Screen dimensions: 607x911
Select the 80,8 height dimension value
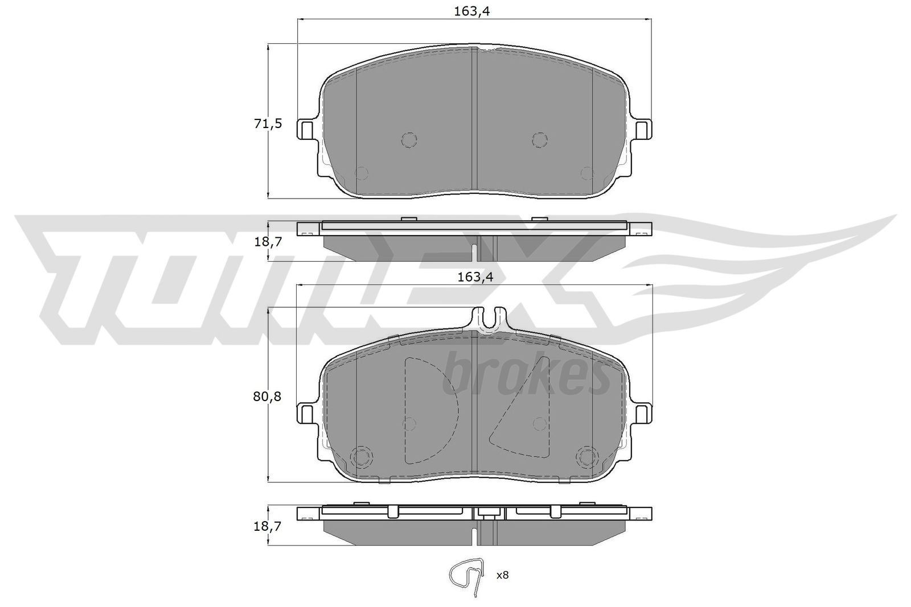pyautogui.click(x=268, y=396)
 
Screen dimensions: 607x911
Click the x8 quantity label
pyautogui.click(x=502, y=575)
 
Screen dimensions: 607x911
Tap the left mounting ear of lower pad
pyautogui.click(x=306, y=412)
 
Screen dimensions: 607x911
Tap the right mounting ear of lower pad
pyautogui.click(x=643, y=412)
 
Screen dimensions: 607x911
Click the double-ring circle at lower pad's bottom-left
pyautogui.click(x=361, y=456)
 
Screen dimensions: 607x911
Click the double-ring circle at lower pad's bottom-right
pyautogui.click(x=586, y=456)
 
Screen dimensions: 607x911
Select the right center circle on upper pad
pyautogui.click(x=539, y=139)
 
